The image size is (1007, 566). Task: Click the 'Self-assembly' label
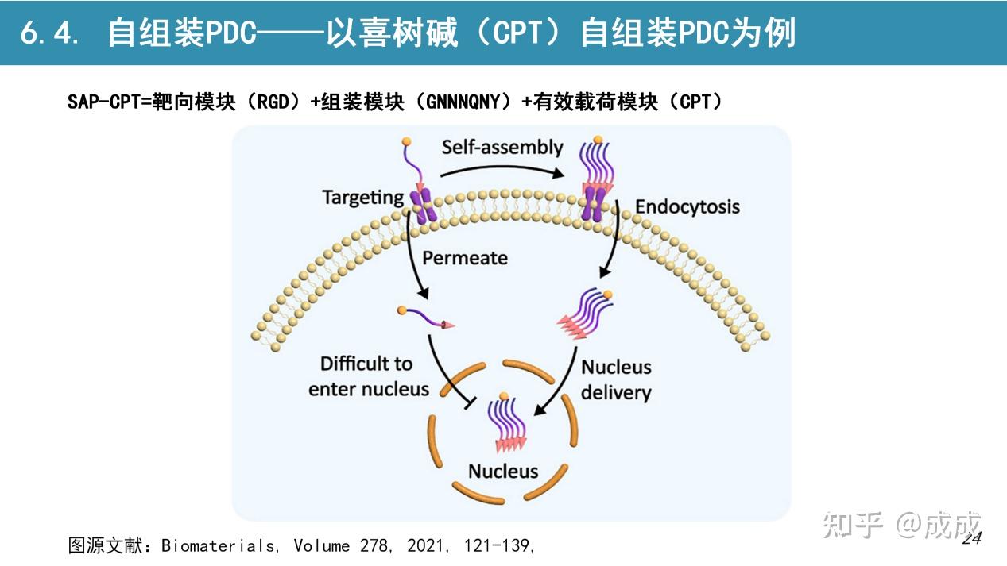(502, 147)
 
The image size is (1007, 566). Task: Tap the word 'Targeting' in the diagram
(362, 197)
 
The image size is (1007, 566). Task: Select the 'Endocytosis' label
(687, 207)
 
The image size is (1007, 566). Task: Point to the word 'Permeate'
(465, 258)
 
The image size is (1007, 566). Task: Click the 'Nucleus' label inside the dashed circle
(503, 471)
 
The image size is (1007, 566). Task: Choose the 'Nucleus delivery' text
(616, 379)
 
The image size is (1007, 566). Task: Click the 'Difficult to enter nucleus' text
(368, 376)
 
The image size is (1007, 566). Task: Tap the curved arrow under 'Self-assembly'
(502, 169)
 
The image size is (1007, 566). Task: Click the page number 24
(972, 539)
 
